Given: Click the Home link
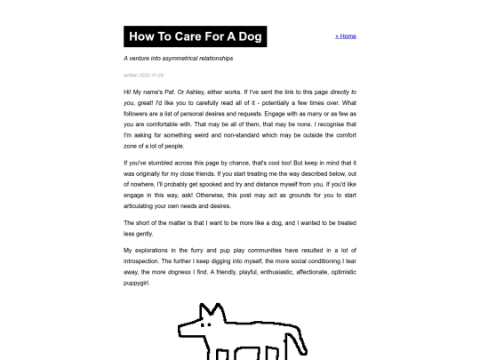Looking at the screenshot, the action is (346, 36).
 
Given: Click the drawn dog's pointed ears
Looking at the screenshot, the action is (211, 310).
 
